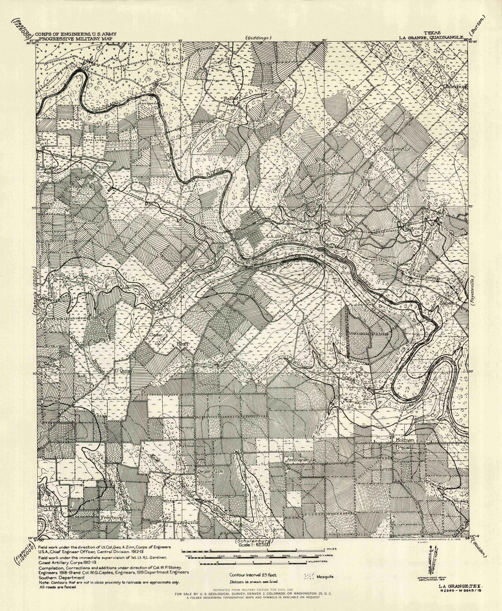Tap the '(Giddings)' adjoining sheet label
point(259,38)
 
